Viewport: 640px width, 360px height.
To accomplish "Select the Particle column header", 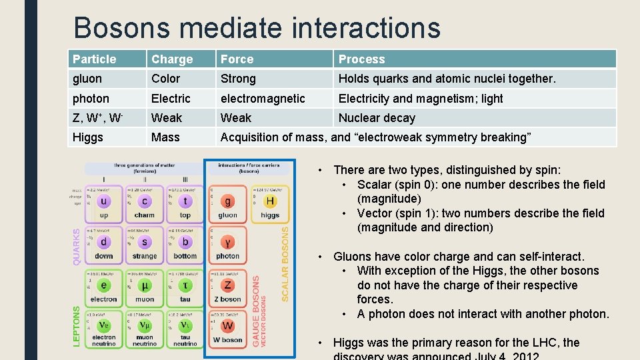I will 94,59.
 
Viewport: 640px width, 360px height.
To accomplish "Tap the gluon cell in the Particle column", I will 87,79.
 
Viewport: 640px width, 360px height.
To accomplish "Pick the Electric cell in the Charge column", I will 171,99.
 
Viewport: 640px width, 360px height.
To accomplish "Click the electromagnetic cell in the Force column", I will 263,99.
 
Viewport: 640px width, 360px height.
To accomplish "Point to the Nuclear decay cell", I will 377,118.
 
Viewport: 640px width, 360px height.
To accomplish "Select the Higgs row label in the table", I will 88,137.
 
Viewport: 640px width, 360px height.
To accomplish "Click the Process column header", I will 361,59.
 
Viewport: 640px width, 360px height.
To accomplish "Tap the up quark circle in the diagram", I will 104,201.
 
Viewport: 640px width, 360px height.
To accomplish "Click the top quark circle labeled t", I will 185,201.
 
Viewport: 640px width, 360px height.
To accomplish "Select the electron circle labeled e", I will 104,285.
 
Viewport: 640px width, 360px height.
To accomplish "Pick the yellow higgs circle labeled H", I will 270,201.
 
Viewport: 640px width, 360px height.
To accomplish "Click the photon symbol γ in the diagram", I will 228,243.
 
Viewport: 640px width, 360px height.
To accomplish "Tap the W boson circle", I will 228,327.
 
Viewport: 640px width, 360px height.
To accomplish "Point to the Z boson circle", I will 228,285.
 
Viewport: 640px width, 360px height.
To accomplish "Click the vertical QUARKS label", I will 77,247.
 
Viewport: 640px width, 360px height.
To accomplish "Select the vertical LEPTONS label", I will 76,325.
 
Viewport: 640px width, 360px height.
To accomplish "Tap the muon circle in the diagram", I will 145,285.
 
